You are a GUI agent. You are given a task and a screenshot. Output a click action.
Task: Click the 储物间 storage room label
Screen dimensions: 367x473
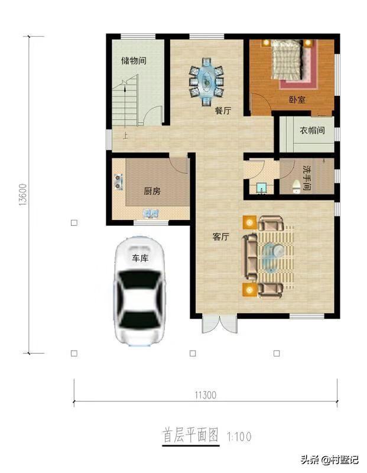tap(134, 61)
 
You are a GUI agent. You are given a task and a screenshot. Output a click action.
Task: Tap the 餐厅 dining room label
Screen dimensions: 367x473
tap(223, 111)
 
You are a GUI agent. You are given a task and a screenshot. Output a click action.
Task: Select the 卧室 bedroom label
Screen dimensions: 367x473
tap(297, 99)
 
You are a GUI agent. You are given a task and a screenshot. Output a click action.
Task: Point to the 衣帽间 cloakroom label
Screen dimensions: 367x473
tap(312, 130)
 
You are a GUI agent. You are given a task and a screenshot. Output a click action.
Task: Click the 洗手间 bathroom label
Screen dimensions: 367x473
tap(307, 177)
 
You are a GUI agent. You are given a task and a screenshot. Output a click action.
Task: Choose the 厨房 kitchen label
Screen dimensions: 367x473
tap(152, 191)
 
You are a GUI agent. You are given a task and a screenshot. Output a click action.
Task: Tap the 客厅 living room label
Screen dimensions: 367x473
tap(220, 237)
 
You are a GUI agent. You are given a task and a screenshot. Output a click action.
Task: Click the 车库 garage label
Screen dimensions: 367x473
tap(140, 258)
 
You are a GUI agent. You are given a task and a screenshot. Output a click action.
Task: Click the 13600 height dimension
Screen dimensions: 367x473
tap(23, 195)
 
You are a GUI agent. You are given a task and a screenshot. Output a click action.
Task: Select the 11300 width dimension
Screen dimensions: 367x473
tap(206, 395)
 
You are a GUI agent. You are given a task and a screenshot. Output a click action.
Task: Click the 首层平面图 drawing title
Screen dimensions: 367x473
tap(190, 435)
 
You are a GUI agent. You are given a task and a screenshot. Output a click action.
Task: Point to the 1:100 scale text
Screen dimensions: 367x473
tap(239, 436)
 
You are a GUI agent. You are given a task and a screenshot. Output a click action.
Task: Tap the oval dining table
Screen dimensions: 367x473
tap(206, 81)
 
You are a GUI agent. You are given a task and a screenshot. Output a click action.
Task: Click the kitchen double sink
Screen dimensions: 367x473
tap(151, 213)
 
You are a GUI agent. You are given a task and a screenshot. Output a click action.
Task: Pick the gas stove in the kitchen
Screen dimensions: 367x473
tap(119, 182)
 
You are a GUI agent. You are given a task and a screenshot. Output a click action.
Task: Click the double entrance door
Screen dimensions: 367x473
tap(220, 324)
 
